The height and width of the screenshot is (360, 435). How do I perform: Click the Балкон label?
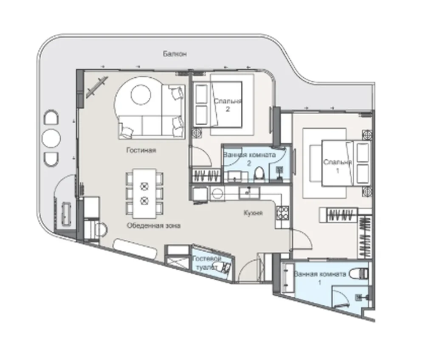[x=175, y=53]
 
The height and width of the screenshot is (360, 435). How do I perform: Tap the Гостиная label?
[x=141, y=150]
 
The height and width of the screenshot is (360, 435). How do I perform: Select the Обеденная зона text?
[x=154, y=226]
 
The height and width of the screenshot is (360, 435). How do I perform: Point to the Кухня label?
[x=253, y=213]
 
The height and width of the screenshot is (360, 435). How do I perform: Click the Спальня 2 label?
[x=228, y=105]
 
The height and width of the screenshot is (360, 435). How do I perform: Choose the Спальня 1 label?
[x=337, y=166]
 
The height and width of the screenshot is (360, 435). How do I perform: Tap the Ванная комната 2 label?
[x=249, y=159]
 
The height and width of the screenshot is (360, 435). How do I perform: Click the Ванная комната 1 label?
[x=320, y=278]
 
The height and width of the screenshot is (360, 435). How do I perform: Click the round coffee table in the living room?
[x=141, y=95]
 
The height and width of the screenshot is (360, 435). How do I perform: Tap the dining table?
[x=144, y=193]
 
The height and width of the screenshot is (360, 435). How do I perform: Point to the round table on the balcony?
[x=51, y=138]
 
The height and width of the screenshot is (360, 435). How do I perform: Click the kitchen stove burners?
[x=282, y=213]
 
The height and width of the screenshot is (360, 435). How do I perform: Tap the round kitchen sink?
[x=216, y=193]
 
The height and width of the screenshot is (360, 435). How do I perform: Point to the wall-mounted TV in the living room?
[x=96, y=87]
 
